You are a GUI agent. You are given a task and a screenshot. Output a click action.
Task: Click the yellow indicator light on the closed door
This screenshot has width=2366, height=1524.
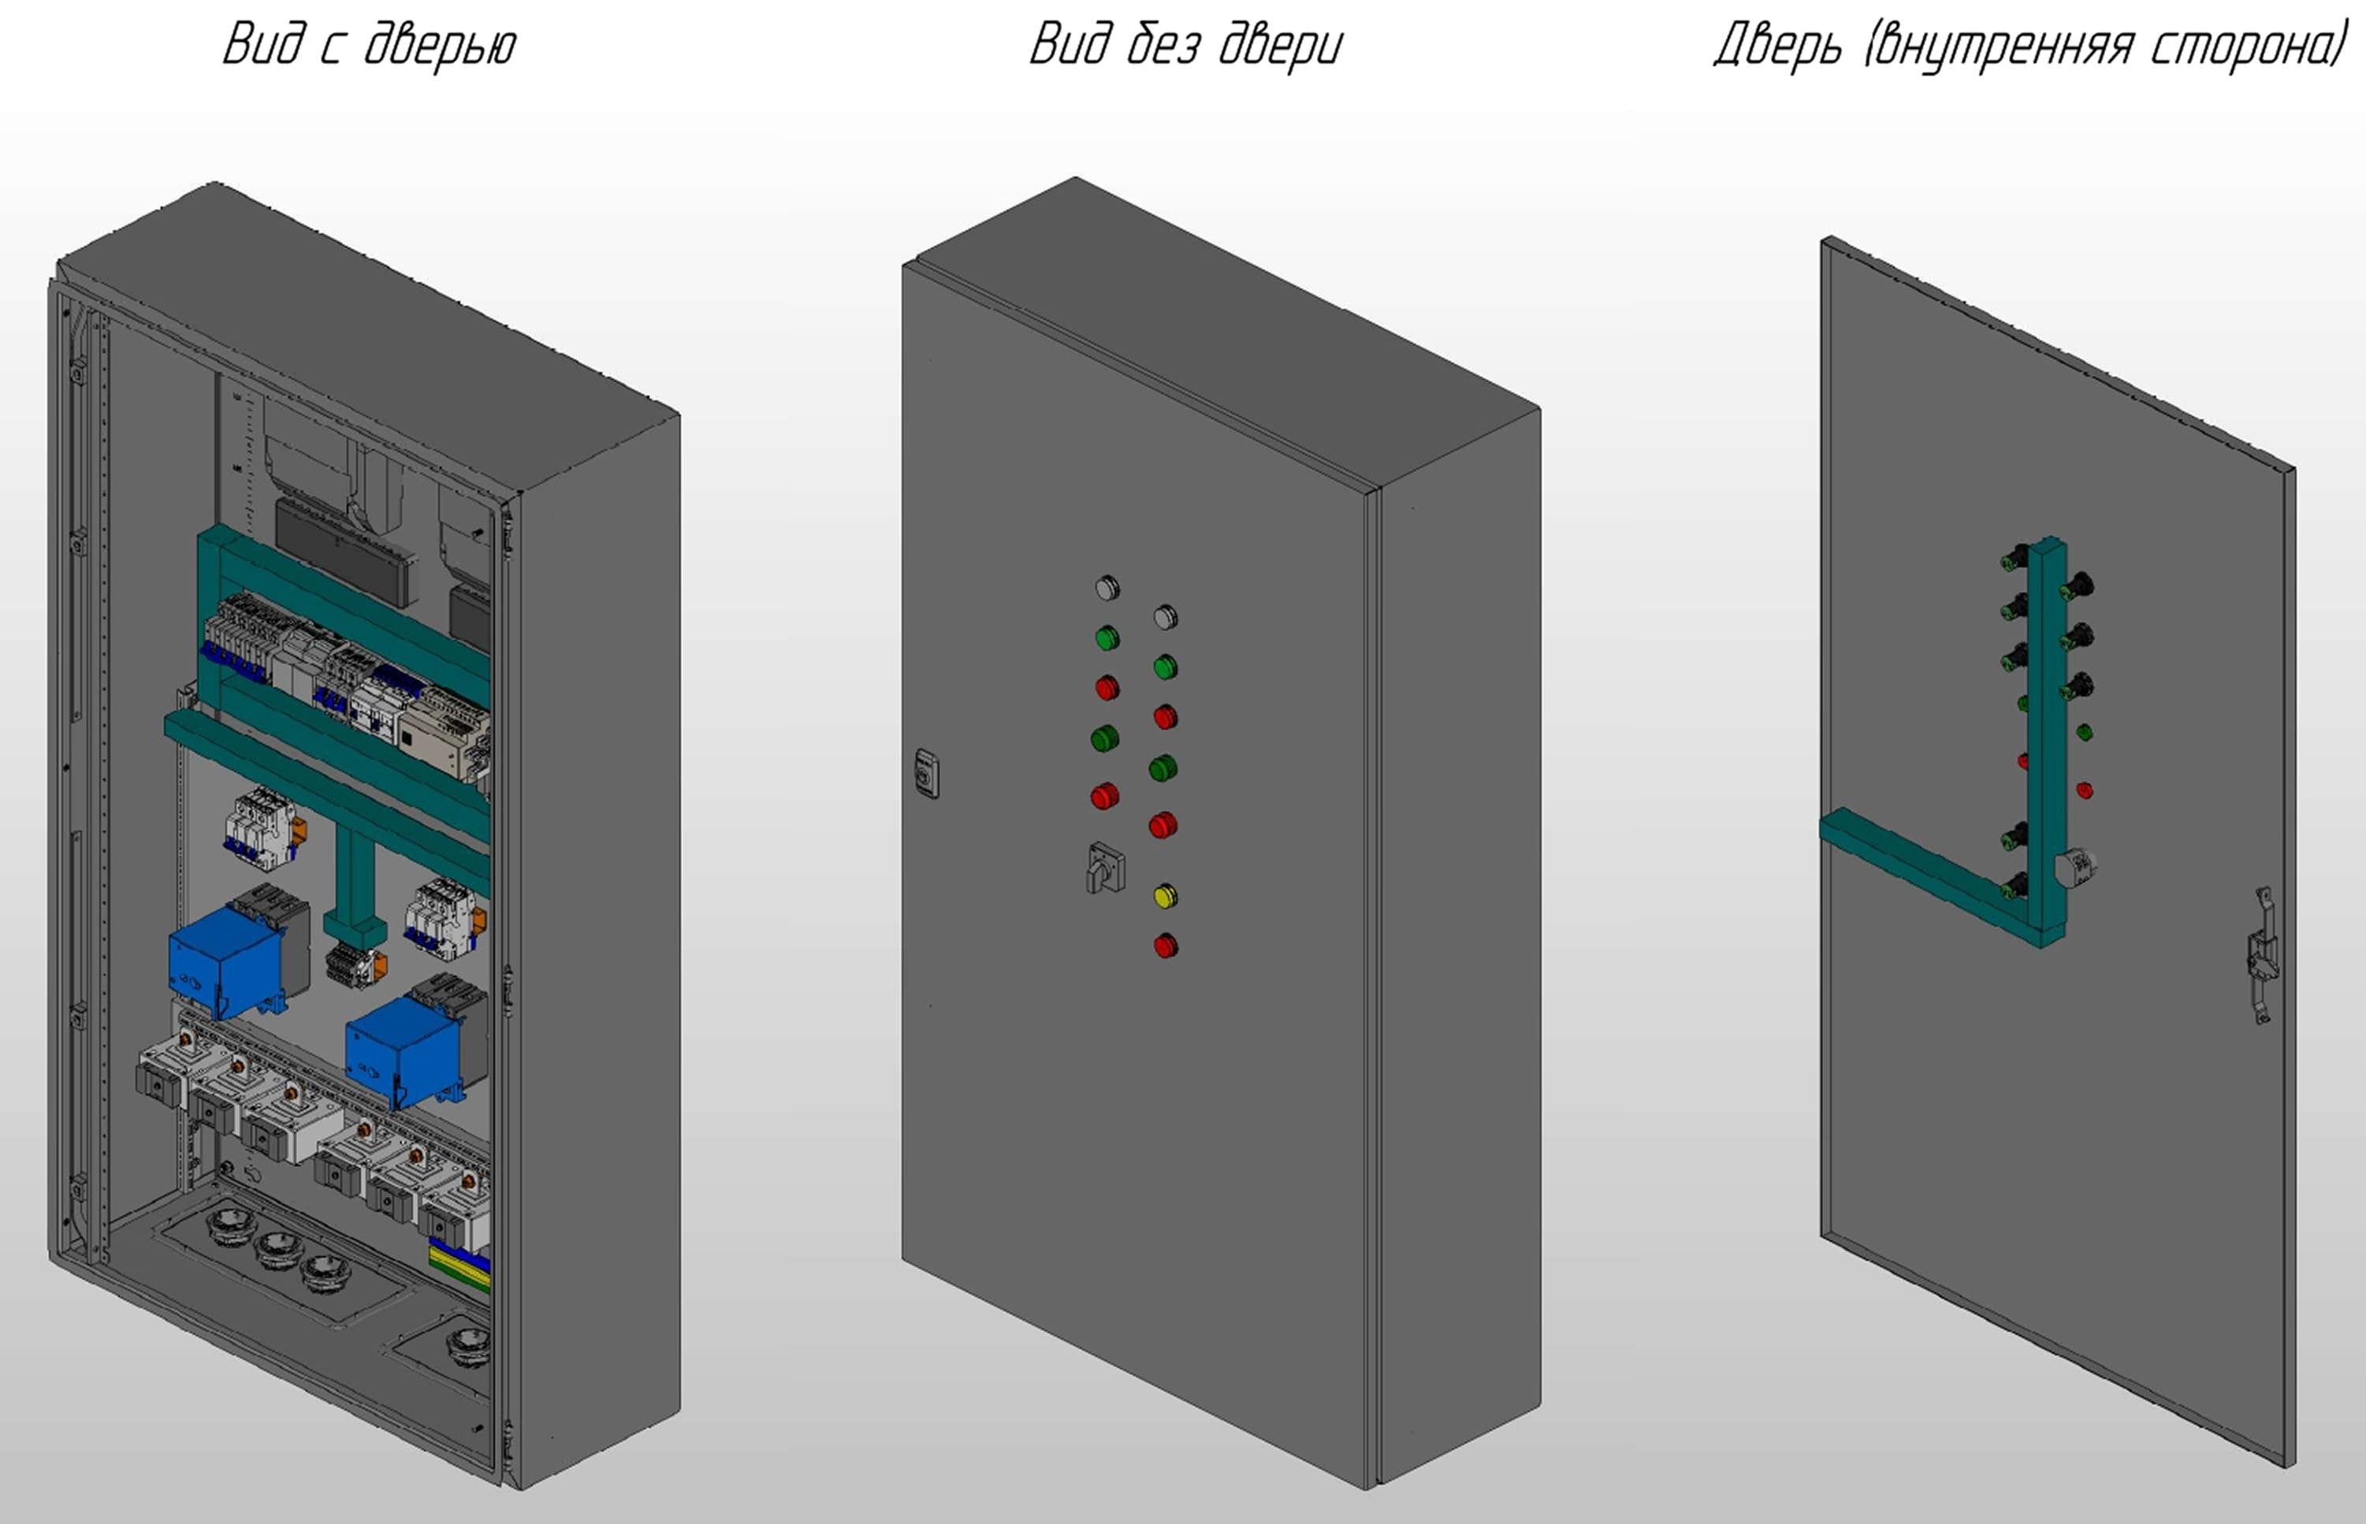pyautogui.click(x=1165, y=897)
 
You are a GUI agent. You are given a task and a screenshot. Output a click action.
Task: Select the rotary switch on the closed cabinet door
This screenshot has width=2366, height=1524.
pyautogui.click(x=1105, y=868)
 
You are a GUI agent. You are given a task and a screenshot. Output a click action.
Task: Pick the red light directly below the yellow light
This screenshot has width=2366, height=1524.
pyautogui.click(x=1166, y=946)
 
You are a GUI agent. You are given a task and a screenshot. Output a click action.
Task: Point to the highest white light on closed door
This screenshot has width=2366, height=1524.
pyautogui.click(x=1107, y=588)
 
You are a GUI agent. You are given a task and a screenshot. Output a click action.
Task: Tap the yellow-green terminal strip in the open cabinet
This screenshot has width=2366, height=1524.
pyautogui.click(x=459, y=1266)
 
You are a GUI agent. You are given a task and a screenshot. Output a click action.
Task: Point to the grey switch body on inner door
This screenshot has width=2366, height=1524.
pyautogui.click(x=2074, y=868)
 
